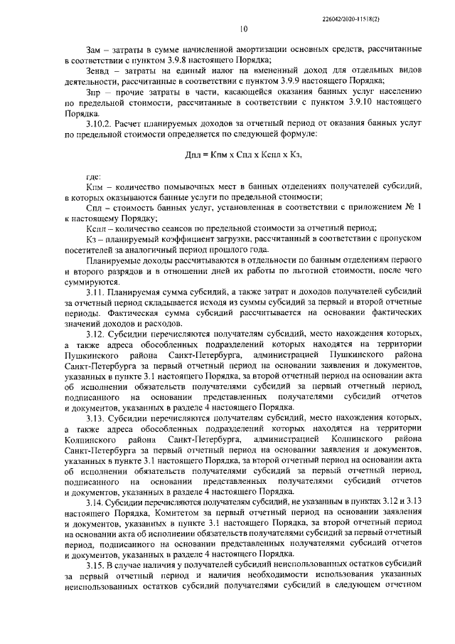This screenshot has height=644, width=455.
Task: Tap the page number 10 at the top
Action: pos(244,29)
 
